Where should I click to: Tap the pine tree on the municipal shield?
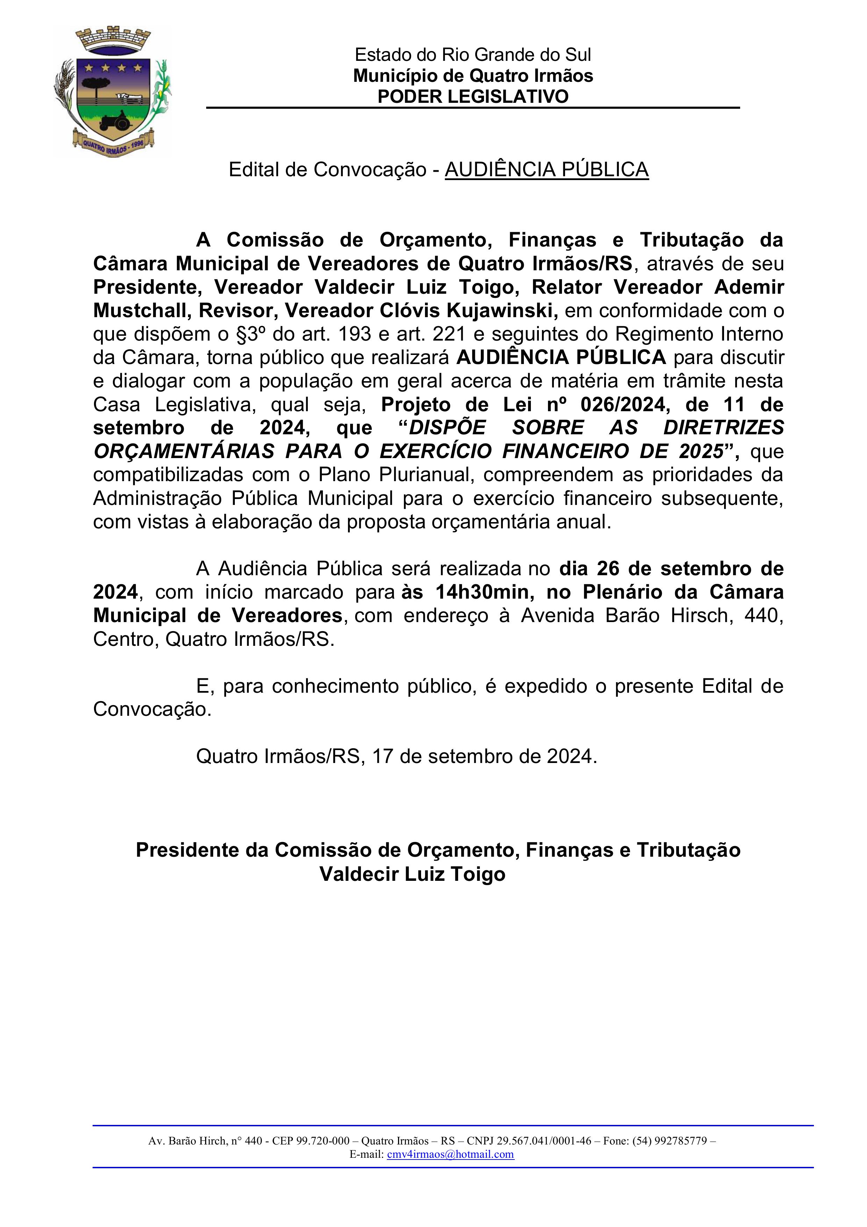click(x=98, y=86)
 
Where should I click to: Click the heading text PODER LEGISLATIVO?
click(x=473, y=97)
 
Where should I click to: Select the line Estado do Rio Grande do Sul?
click(x=473, y=55)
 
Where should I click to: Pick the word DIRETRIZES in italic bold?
click(x=723, y=428)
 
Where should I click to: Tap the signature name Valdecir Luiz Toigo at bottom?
click(x=412, y=874)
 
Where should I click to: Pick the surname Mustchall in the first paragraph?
click(x=140, y=311)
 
